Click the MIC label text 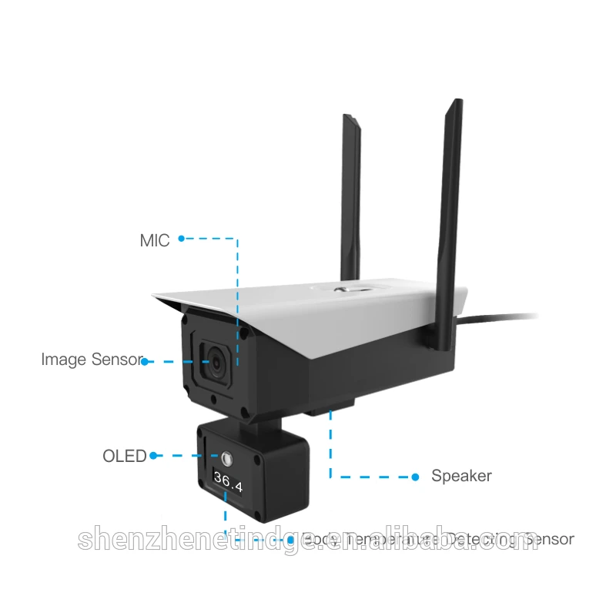[x=154, y=239]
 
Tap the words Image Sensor [x=92, y=360]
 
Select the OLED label [x=124, y=456]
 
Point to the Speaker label [x=461, y=476]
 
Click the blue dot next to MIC [x=182, y=239]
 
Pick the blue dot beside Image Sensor [x=145, y=360]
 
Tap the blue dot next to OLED [x=153, y=456]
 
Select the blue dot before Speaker [x=415, y=476]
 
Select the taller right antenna [x=448, y=192]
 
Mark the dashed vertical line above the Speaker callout [x=331, y=447]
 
